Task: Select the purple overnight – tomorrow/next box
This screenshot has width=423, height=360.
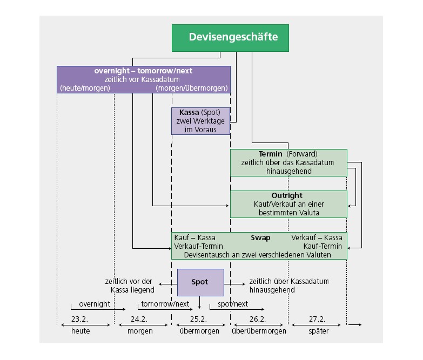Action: (144, 79)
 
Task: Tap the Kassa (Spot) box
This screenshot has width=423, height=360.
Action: (200, 121)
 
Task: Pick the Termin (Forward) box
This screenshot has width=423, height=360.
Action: (288, 162)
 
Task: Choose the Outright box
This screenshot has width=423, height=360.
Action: (288, 204)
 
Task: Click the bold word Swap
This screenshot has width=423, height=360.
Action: (260, 237)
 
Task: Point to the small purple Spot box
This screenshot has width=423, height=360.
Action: (200, 282)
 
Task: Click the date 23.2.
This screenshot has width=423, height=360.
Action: (79, 319)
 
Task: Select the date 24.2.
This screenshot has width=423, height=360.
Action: (139, 319)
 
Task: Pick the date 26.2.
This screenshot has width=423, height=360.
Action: (257, 319)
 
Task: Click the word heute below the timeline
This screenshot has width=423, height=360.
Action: (80, 331)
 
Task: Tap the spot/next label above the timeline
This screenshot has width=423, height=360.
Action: (233, 304)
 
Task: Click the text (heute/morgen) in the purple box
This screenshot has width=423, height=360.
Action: (85, 88)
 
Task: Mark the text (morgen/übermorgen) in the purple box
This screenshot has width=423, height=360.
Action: (192, 88)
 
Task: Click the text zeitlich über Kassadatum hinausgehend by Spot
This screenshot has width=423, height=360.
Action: (288, 286)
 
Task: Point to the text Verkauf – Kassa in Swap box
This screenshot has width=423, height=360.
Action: (317, 237)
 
